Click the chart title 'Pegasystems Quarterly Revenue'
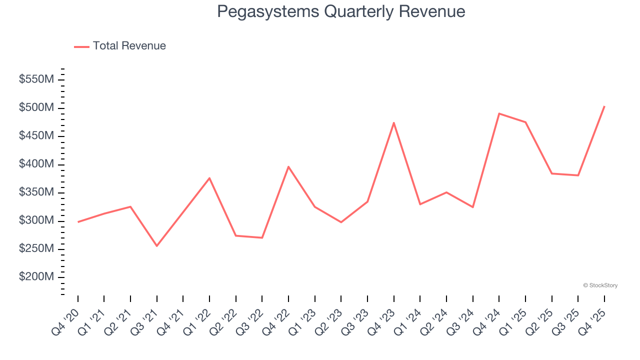(x=341, y=11)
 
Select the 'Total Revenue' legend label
(x=129, y=46)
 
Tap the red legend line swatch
(x=81, y=46)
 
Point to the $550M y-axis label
(x=36, y=79)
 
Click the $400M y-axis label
(x=36, y=164)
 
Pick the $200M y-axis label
(x=36, y=277)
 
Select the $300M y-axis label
(x=36, y=221)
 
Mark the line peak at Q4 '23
(x=394, y=122)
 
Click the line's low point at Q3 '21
(x=157, y=246)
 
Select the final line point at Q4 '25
(x=604, y=106)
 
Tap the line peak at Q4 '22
(x=288, y=166)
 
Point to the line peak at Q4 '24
(x=499, y=113)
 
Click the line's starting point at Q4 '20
(x=78, y=222)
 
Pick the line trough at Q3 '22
(x=262, y=237)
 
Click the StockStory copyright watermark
(x=600, y=285)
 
